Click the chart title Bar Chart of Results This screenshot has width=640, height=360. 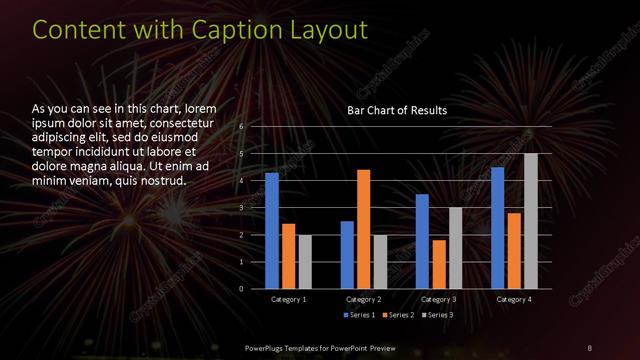click(x=397, y=110)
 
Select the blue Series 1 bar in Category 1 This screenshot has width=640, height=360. click(x=272, y=230)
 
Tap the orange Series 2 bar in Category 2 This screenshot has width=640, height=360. click(x=363, y=229)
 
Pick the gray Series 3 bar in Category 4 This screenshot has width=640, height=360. click(x=530, y=221)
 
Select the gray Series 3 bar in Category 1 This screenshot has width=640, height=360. click(x=305, y=262)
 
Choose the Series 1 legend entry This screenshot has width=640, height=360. click(x=360, y=316)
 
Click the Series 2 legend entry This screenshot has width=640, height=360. click(x=398, y=316)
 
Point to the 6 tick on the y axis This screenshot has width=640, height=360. click(x=241, y=127)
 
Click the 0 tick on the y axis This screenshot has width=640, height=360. click(x=241, y=289)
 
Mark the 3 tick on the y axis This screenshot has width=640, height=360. click(x=241, y=208)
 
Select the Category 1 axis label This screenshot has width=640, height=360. click(x=289, y=299)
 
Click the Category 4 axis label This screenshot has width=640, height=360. click(x=513, y=299)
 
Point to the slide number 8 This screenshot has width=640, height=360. click(x=590, y=347)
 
